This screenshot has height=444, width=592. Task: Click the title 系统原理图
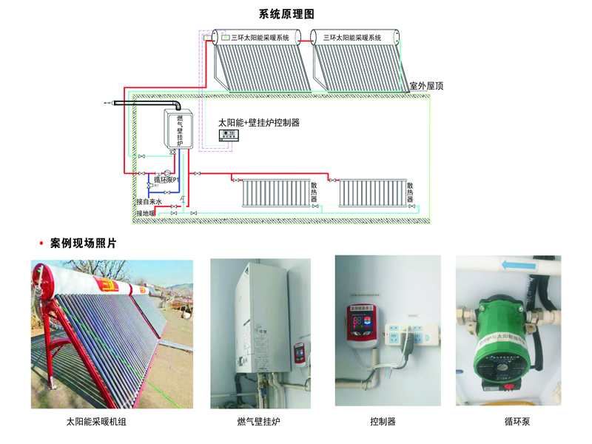287,14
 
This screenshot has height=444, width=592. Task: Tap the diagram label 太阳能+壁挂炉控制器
258,122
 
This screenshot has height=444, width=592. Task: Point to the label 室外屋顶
427,87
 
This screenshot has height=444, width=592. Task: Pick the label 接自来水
149,201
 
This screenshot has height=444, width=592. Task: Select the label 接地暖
145,214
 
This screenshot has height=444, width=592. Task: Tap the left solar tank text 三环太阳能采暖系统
260,37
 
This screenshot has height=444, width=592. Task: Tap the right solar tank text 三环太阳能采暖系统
352,37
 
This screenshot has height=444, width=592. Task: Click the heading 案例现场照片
83,243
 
